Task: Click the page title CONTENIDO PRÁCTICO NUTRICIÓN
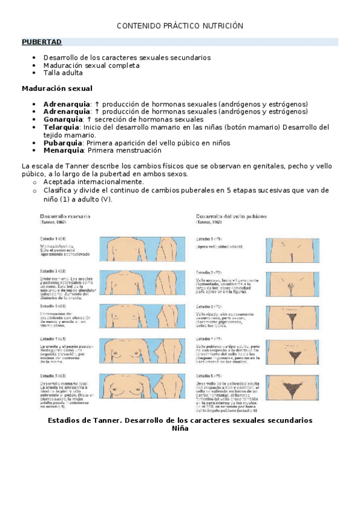click(179, 26)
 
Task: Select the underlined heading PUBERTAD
click(41, 42)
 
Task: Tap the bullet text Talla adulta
click(63, 73)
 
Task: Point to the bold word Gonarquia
click(63, 120)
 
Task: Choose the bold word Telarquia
click(61, 127)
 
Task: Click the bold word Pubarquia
click(63, 143)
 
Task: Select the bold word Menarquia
click(64, 151)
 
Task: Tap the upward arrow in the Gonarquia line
click(89, 120)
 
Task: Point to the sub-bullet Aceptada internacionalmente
click(93, 182)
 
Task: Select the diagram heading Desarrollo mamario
click(65, 216)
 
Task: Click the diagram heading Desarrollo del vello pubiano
click(231, 216)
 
